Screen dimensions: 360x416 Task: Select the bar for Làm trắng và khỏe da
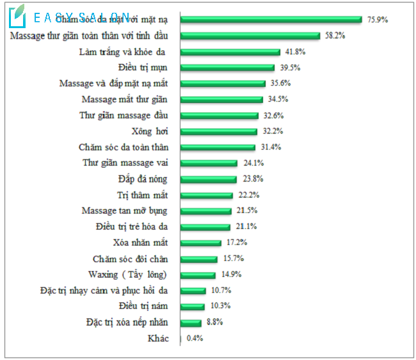pyautogui.click(x=230, y=52)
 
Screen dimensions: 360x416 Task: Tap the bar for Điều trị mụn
pyautogui.click(x=227, y=68)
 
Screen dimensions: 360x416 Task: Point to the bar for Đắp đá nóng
pyautogui.click(x=209, y=179)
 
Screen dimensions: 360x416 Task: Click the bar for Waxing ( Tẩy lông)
pyautogui.click(x=198, y=275)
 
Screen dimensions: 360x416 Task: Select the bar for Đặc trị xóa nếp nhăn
pyautogui.click(x=191, y=323)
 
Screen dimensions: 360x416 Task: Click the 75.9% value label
pyautogui.click(x=378, y=20)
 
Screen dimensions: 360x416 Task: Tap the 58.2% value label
pyautogui.click(x=335, y=36)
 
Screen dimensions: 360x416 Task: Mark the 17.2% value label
pyautogui.click(x=237, y=243)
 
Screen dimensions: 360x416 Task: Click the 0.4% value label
pyautogui.click(x=195, y=339)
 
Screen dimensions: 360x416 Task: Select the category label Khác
pyautogui.click(x=158, y=339)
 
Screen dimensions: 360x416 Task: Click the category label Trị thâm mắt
pyautogui.click(x=143, y=195)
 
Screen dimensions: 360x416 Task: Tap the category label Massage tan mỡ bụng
pyautogui.click(x=125, y=211)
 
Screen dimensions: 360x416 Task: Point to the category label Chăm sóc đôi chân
pyautogui.click(x=131, y=259)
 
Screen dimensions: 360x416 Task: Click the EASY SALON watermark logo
pyautogui.click(x=70, y=17)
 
